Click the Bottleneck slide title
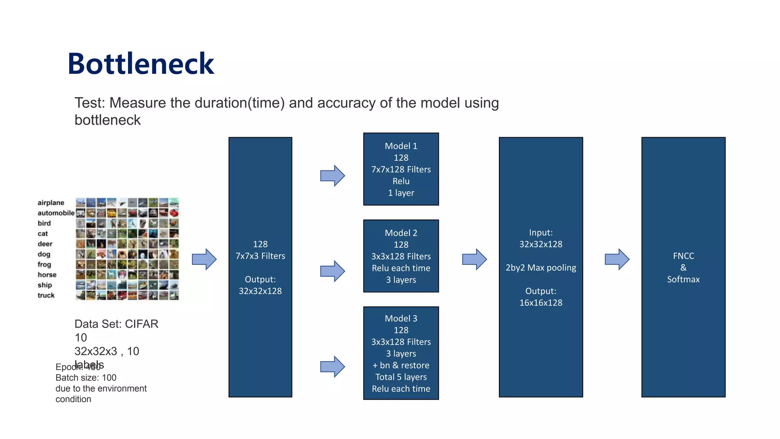141,64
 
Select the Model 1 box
401,169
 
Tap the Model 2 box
401,256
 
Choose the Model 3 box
401,353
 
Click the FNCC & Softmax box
683,267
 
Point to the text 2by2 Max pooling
540,268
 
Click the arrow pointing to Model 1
332,176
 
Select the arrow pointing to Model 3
332,367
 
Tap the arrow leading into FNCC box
617,260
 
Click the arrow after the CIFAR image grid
204,260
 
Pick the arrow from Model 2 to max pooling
474,260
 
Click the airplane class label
51,203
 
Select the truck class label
46,295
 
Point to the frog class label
44,264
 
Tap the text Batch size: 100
86,378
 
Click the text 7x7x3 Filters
260,256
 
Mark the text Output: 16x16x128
540,297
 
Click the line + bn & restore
401,365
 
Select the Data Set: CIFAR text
116,324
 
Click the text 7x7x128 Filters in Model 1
401,169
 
